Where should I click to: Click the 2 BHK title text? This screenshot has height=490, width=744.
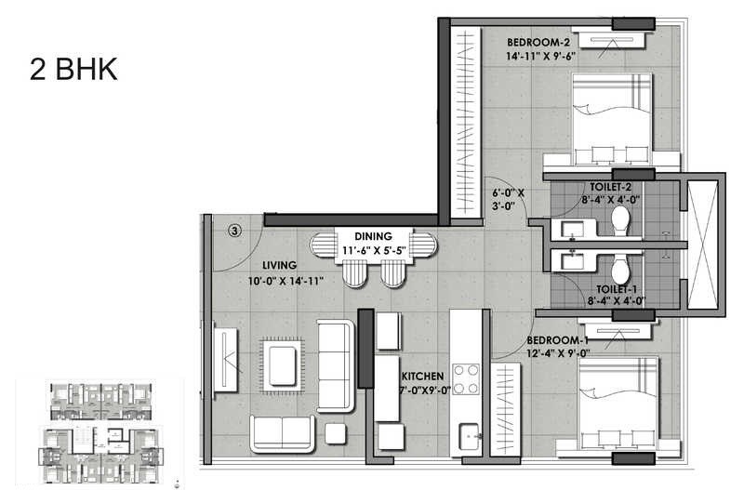pyautogui.click(x=73, y=70)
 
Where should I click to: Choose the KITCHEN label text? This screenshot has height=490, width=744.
pyautogui.click(x=425, y=377)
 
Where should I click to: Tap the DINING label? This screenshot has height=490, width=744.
pyautogui.click(x=372, y=236)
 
